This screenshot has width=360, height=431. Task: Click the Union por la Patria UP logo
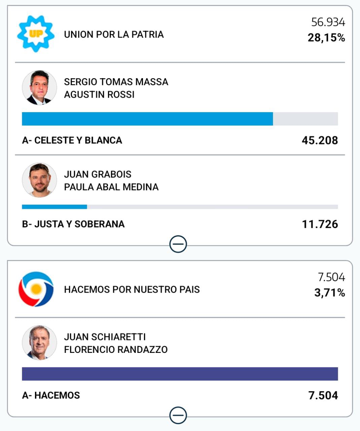[36, 34]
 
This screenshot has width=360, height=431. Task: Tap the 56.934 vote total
[328, 22]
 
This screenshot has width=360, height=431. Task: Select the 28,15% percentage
[326, 38]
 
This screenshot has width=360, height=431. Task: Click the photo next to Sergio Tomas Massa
[39, 88]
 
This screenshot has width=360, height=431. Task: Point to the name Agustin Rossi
[99, 94]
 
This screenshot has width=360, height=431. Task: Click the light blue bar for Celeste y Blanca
[147, 119]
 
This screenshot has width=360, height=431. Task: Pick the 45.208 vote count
[320, 140]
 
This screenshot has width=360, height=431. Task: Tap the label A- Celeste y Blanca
[72, 140]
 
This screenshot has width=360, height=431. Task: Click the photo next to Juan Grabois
[39, 180]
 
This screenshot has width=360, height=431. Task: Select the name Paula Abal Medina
[111, 187]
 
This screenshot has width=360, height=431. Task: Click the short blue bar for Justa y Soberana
[54, 207]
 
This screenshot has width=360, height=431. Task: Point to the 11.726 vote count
[320, 224]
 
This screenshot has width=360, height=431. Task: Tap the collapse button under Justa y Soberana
[178, 244]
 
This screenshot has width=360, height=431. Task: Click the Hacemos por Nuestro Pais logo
[36, 289]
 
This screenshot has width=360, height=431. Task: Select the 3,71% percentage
[329, 293]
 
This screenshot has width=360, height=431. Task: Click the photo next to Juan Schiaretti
[39, 343]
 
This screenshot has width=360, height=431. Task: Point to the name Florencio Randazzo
[115, 350]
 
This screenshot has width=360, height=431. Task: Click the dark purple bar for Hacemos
[180, 374]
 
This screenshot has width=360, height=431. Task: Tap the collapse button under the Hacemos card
[178, 415]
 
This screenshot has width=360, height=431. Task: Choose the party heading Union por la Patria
[114, 34]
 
